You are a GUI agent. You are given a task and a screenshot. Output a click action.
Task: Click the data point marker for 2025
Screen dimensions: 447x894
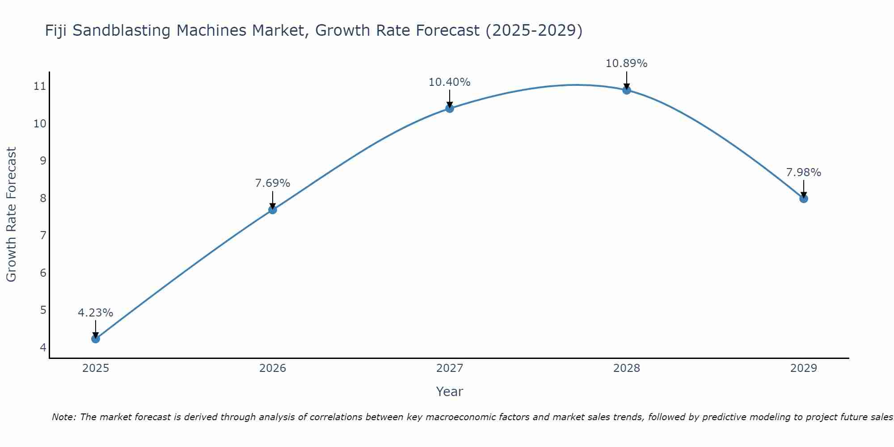pyautogui.click(x=96, y=339)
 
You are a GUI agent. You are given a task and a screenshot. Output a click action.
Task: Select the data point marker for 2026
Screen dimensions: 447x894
pyautogui.click(x=273, y=210)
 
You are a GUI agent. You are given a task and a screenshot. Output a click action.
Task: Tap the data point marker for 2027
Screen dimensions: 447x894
pyautogui.click(x=450, y=108)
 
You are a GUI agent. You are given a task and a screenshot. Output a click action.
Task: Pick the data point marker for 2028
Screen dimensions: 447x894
pyautogui.click(x=627, y=90)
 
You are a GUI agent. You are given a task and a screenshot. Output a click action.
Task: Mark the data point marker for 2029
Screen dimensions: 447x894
pyautogui.click(x=804, y=198)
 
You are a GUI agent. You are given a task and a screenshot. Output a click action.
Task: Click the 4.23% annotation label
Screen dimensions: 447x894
pyautogui.click(x=96, y=313)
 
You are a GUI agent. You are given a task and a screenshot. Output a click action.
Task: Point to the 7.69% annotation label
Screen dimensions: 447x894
pyautogui.click(x=273, y=183)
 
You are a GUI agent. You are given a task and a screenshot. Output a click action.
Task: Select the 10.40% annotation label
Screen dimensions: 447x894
pyautogui.click(x=450, y=82)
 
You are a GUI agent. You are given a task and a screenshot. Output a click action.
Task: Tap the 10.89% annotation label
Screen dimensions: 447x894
pyautogui.click(x=627, y=63)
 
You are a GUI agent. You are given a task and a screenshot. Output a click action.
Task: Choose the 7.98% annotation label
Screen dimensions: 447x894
pyautogui.click(x=804, y=173)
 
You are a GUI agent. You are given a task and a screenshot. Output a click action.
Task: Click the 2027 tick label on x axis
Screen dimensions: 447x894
pyautogui.click(x=450, y=368)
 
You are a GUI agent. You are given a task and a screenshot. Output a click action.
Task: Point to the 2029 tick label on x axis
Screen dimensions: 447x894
pyautogui.click(x=804, y=368)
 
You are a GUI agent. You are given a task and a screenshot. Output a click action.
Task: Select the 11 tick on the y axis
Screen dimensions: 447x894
pyautogui.click(x=40, y=86)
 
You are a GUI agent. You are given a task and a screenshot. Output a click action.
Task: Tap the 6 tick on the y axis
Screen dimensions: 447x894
pyautogui.click(x=43, y=273)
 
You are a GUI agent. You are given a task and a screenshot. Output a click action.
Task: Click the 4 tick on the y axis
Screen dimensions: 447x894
pyautogui.click(x=43, y=347)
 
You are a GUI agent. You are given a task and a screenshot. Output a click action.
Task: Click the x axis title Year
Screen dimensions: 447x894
pyautogui.click(x=450, y=392)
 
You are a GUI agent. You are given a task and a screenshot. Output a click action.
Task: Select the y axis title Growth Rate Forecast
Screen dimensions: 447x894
pyautogui.click(x=12, y=214)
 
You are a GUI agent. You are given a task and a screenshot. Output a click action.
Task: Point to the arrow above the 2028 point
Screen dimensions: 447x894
pyautogui.click(x=627, y=80)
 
